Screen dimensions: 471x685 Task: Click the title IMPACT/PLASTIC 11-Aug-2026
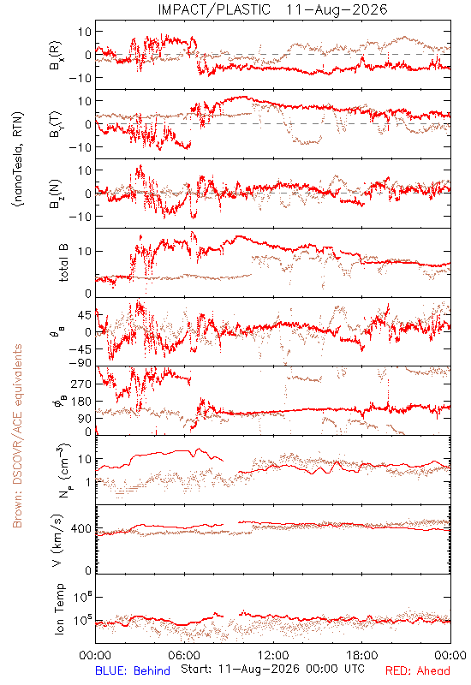click(x=272, y=9)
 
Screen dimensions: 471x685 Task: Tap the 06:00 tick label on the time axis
click(x=184, y=655)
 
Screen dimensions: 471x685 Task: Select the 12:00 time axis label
click(x=273, y=655)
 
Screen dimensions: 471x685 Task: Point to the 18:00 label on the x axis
click(x=361, y=655)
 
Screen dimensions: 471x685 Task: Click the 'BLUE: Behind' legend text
click(x=133, y=670)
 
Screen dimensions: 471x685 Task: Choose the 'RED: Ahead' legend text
click(x=418, y=670)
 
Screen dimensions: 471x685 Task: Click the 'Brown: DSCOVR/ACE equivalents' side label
click(x=17, y=436)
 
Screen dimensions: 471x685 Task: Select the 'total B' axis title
click(x=63, y=263)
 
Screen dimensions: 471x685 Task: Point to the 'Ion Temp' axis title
click(x=60, y=609)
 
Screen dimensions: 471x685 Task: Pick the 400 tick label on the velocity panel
click(x=80, y=528)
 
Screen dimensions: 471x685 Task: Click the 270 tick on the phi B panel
click(x=80, y=384)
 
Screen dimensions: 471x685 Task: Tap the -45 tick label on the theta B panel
click(x=80, y=349)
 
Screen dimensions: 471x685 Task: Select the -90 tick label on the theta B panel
click(x=80, y=363)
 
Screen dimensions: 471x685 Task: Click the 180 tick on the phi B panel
click(x=80, y=402)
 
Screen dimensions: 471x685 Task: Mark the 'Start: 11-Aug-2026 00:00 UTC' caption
click(x=272, y=669)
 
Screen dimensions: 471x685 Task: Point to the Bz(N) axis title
click(x=56, y=194)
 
